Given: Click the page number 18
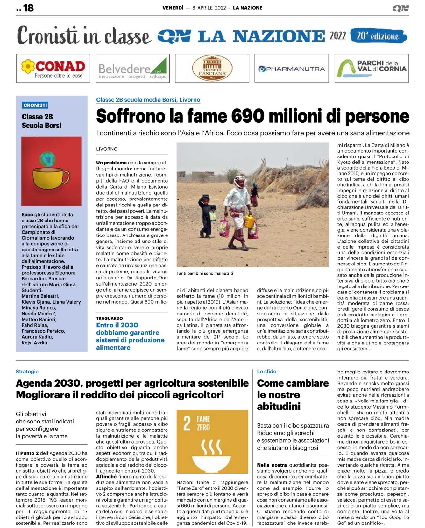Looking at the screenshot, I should pyautogui.click(x=28, y=8).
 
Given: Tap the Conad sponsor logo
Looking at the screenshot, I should pyautogui.click(x=53, y=68).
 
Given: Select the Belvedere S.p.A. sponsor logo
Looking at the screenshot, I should pyautogui.click(x=132, y=68).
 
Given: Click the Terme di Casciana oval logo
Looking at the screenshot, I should pyautogui.click(x=212, y=68).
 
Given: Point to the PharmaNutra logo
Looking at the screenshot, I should pyautogui.click(x=291, y=69).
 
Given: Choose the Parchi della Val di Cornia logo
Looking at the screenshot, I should pyautogui.click(x=372, y=68).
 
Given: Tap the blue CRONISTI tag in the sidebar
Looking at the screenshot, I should pyautogui.click(x=35, y=105).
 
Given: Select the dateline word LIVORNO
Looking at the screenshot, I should pyautogui.click(x=107, y=149).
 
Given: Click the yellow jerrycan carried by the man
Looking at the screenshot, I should pyautogui.click(x=249, y=221).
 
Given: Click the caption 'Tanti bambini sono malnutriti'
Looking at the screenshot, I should pyautogui.click(x=205, y=273).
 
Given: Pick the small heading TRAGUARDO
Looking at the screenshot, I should pyautogui.click(x=109, y=318).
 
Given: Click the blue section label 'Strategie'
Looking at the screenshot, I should pyautogui.click(x=27, y=372).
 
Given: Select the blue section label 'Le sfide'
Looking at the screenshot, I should pyautogui.click(x=266, y=372).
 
